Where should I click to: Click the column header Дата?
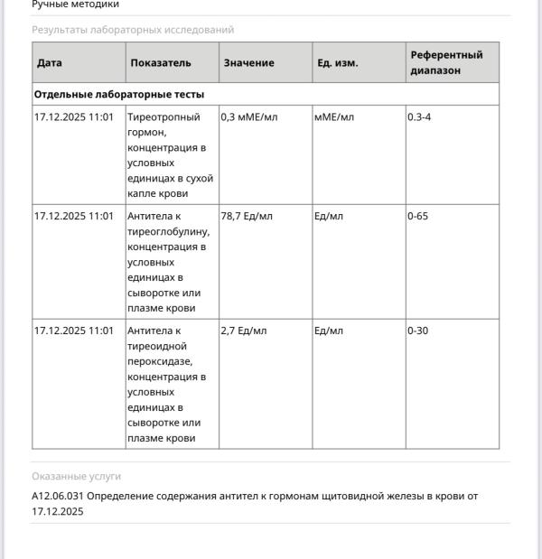(50, 63)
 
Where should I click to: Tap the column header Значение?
(248, 63)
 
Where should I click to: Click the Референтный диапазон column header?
(446, 62)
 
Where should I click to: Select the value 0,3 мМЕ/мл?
(248, 117)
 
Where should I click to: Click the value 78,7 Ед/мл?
(247, 217)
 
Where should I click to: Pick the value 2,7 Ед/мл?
(244, 331)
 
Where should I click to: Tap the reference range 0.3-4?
(419, 117)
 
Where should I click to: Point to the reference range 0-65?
(417, 217)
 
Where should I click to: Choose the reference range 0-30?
(417, 331)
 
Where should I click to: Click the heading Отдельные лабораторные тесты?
(119, 94)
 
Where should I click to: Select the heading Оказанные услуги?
(76, 476)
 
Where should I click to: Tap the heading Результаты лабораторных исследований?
(133, 30)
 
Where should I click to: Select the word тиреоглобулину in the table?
(168, 232)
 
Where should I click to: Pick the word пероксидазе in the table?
(160, 362)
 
